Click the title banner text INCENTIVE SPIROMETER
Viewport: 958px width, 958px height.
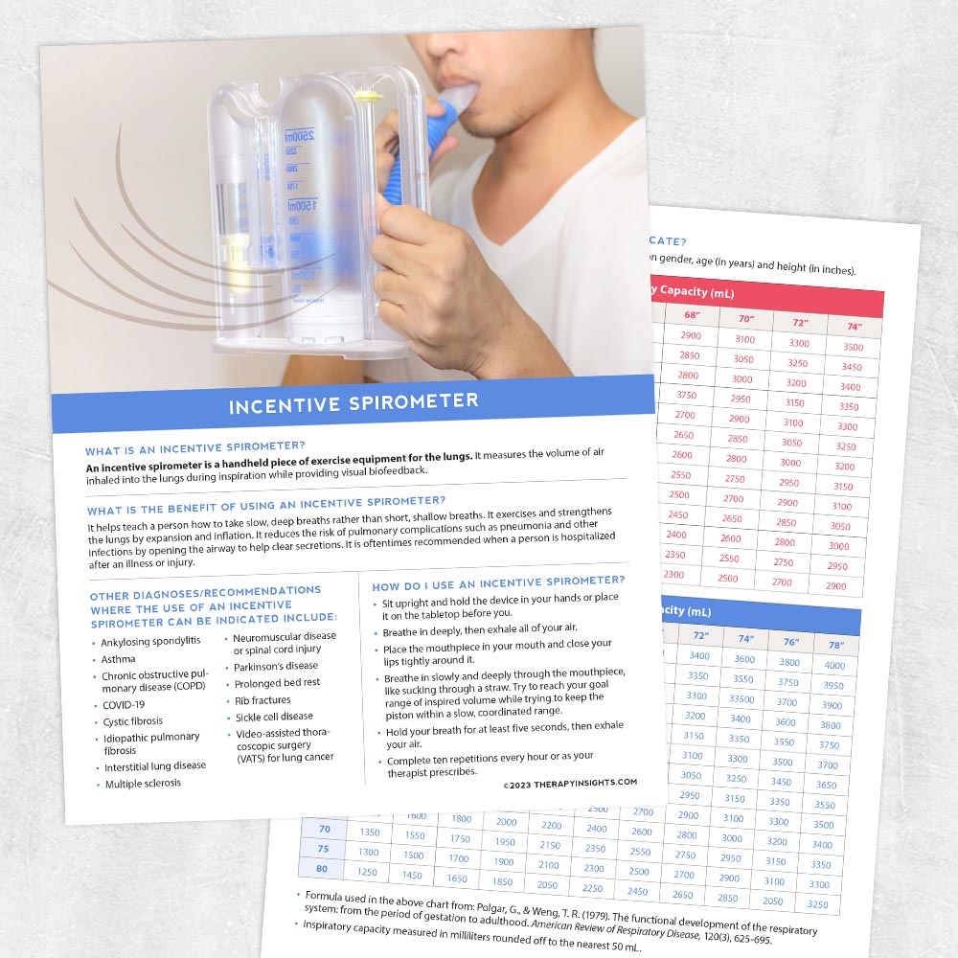354,403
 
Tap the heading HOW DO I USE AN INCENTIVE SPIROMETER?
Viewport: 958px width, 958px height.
498,582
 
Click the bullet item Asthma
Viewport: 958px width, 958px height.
119,660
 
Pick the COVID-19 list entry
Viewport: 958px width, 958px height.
123,705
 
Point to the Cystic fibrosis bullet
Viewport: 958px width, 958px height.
133,721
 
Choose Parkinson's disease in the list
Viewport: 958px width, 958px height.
276,666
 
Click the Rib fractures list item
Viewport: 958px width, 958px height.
263,700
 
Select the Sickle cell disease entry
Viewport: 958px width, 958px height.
274,717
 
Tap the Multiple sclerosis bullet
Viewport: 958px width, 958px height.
143,784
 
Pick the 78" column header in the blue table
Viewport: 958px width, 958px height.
835,645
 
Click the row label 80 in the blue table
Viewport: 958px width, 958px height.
323,869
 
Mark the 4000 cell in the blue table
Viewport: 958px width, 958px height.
834,666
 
